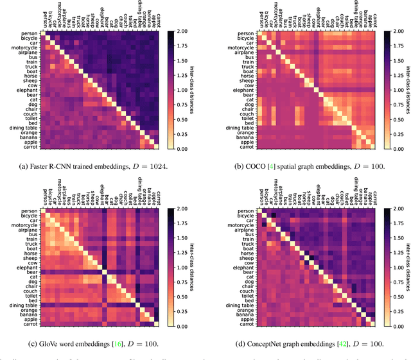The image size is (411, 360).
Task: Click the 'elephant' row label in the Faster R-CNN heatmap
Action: tap(27, 91)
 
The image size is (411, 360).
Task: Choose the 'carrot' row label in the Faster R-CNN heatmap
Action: tap(30, 146)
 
